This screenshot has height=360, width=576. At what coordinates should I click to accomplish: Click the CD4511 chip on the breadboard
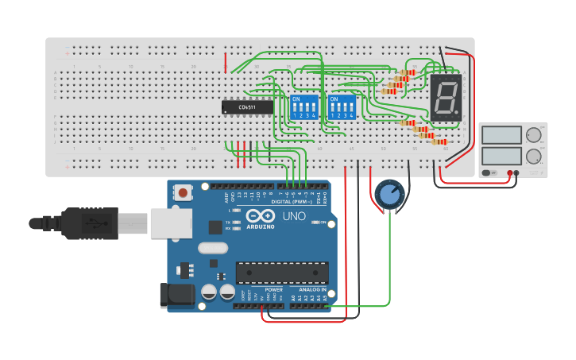pos(246,106)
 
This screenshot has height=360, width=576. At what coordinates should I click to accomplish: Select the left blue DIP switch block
pos(303,106)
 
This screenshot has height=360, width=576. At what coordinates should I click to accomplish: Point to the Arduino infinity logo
pos(260,216)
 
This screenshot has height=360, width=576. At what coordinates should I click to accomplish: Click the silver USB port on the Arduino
pos(171,223)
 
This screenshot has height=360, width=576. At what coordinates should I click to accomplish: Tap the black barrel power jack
pos(176,295)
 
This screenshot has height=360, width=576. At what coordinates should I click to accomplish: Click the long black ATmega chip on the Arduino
pos(281,273)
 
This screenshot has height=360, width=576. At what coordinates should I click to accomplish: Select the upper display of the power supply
pos(501,135)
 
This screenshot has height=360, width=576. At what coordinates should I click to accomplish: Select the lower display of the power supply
pos(501,156)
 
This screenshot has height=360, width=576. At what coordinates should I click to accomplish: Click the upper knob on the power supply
pos(533,135)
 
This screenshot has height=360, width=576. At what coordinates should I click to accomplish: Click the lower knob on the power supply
pos(533,156)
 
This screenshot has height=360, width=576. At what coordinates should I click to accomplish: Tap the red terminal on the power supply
pos(509,172)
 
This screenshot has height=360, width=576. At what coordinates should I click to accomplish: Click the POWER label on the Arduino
pos(274,290)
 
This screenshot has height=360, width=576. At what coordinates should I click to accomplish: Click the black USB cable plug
pos(87,223)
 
